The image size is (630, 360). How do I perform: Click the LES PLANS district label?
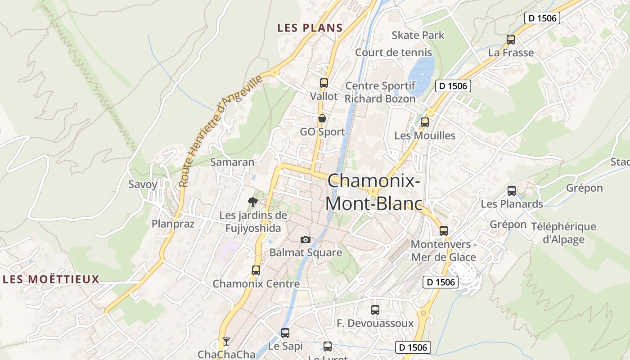(x=310, y=28)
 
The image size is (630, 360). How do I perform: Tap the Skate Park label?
(x=418, y=35)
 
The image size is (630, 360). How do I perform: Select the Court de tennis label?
(x=393, y=52)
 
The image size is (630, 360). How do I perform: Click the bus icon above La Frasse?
(x=511, y=40)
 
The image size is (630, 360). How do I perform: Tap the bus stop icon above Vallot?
(x=324, y=83)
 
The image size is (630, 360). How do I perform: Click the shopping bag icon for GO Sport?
(x=322, y=119)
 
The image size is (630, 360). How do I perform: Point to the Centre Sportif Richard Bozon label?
(x=380, y=92)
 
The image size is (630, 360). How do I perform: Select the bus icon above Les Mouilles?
(x=424, y=122)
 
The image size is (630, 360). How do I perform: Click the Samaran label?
(x=232, y=162)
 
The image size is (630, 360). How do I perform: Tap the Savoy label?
(x=143, y=184)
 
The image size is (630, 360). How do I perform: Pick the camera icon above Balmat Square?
(x=306, y=239)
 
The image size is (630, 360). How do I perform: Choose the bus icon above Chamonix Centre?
(x=256, y=270)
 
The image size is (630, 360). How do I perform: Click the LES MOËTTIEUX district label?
(x=51, y=279)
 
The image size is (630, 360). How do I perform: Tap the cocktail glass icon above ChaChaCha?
(x=226, y=342)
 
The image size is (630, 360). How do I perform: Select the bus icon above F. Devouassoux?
(x=375, y=310)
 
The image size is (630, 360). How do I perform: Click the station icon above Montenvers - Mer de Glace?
(x=444, y=231)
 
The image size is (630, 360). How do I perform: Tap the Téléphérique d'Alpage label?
(x=563, y=233)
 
